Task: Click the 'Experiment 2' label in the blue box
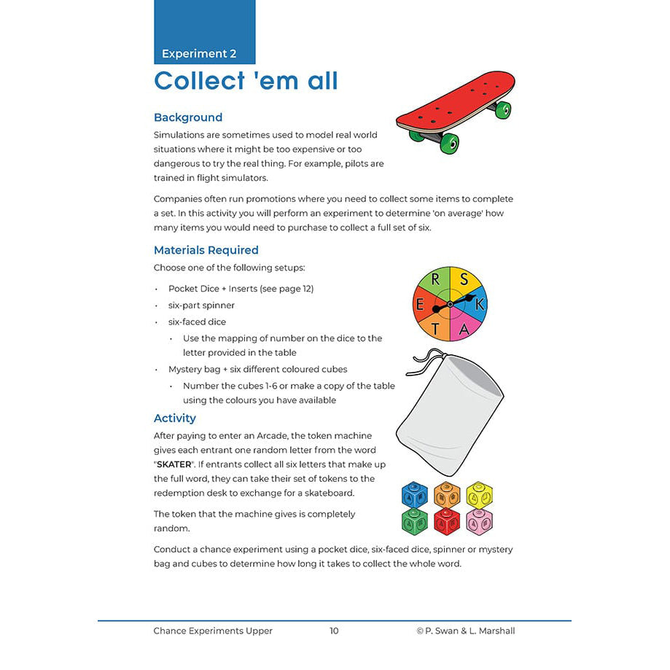199,54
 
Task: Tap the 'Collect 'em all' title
246,80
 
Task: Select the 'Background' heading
188,117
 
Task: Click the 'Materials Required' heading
206,250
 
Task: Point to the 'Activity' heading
175,418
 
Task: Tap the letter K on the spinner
479,305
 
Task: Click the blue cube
415,495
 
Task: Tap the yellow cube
479,495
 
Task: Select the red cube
447,521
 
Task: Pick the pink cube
479,521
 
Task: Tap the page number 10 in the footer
334,631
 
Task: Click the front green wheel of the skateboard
449,143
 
